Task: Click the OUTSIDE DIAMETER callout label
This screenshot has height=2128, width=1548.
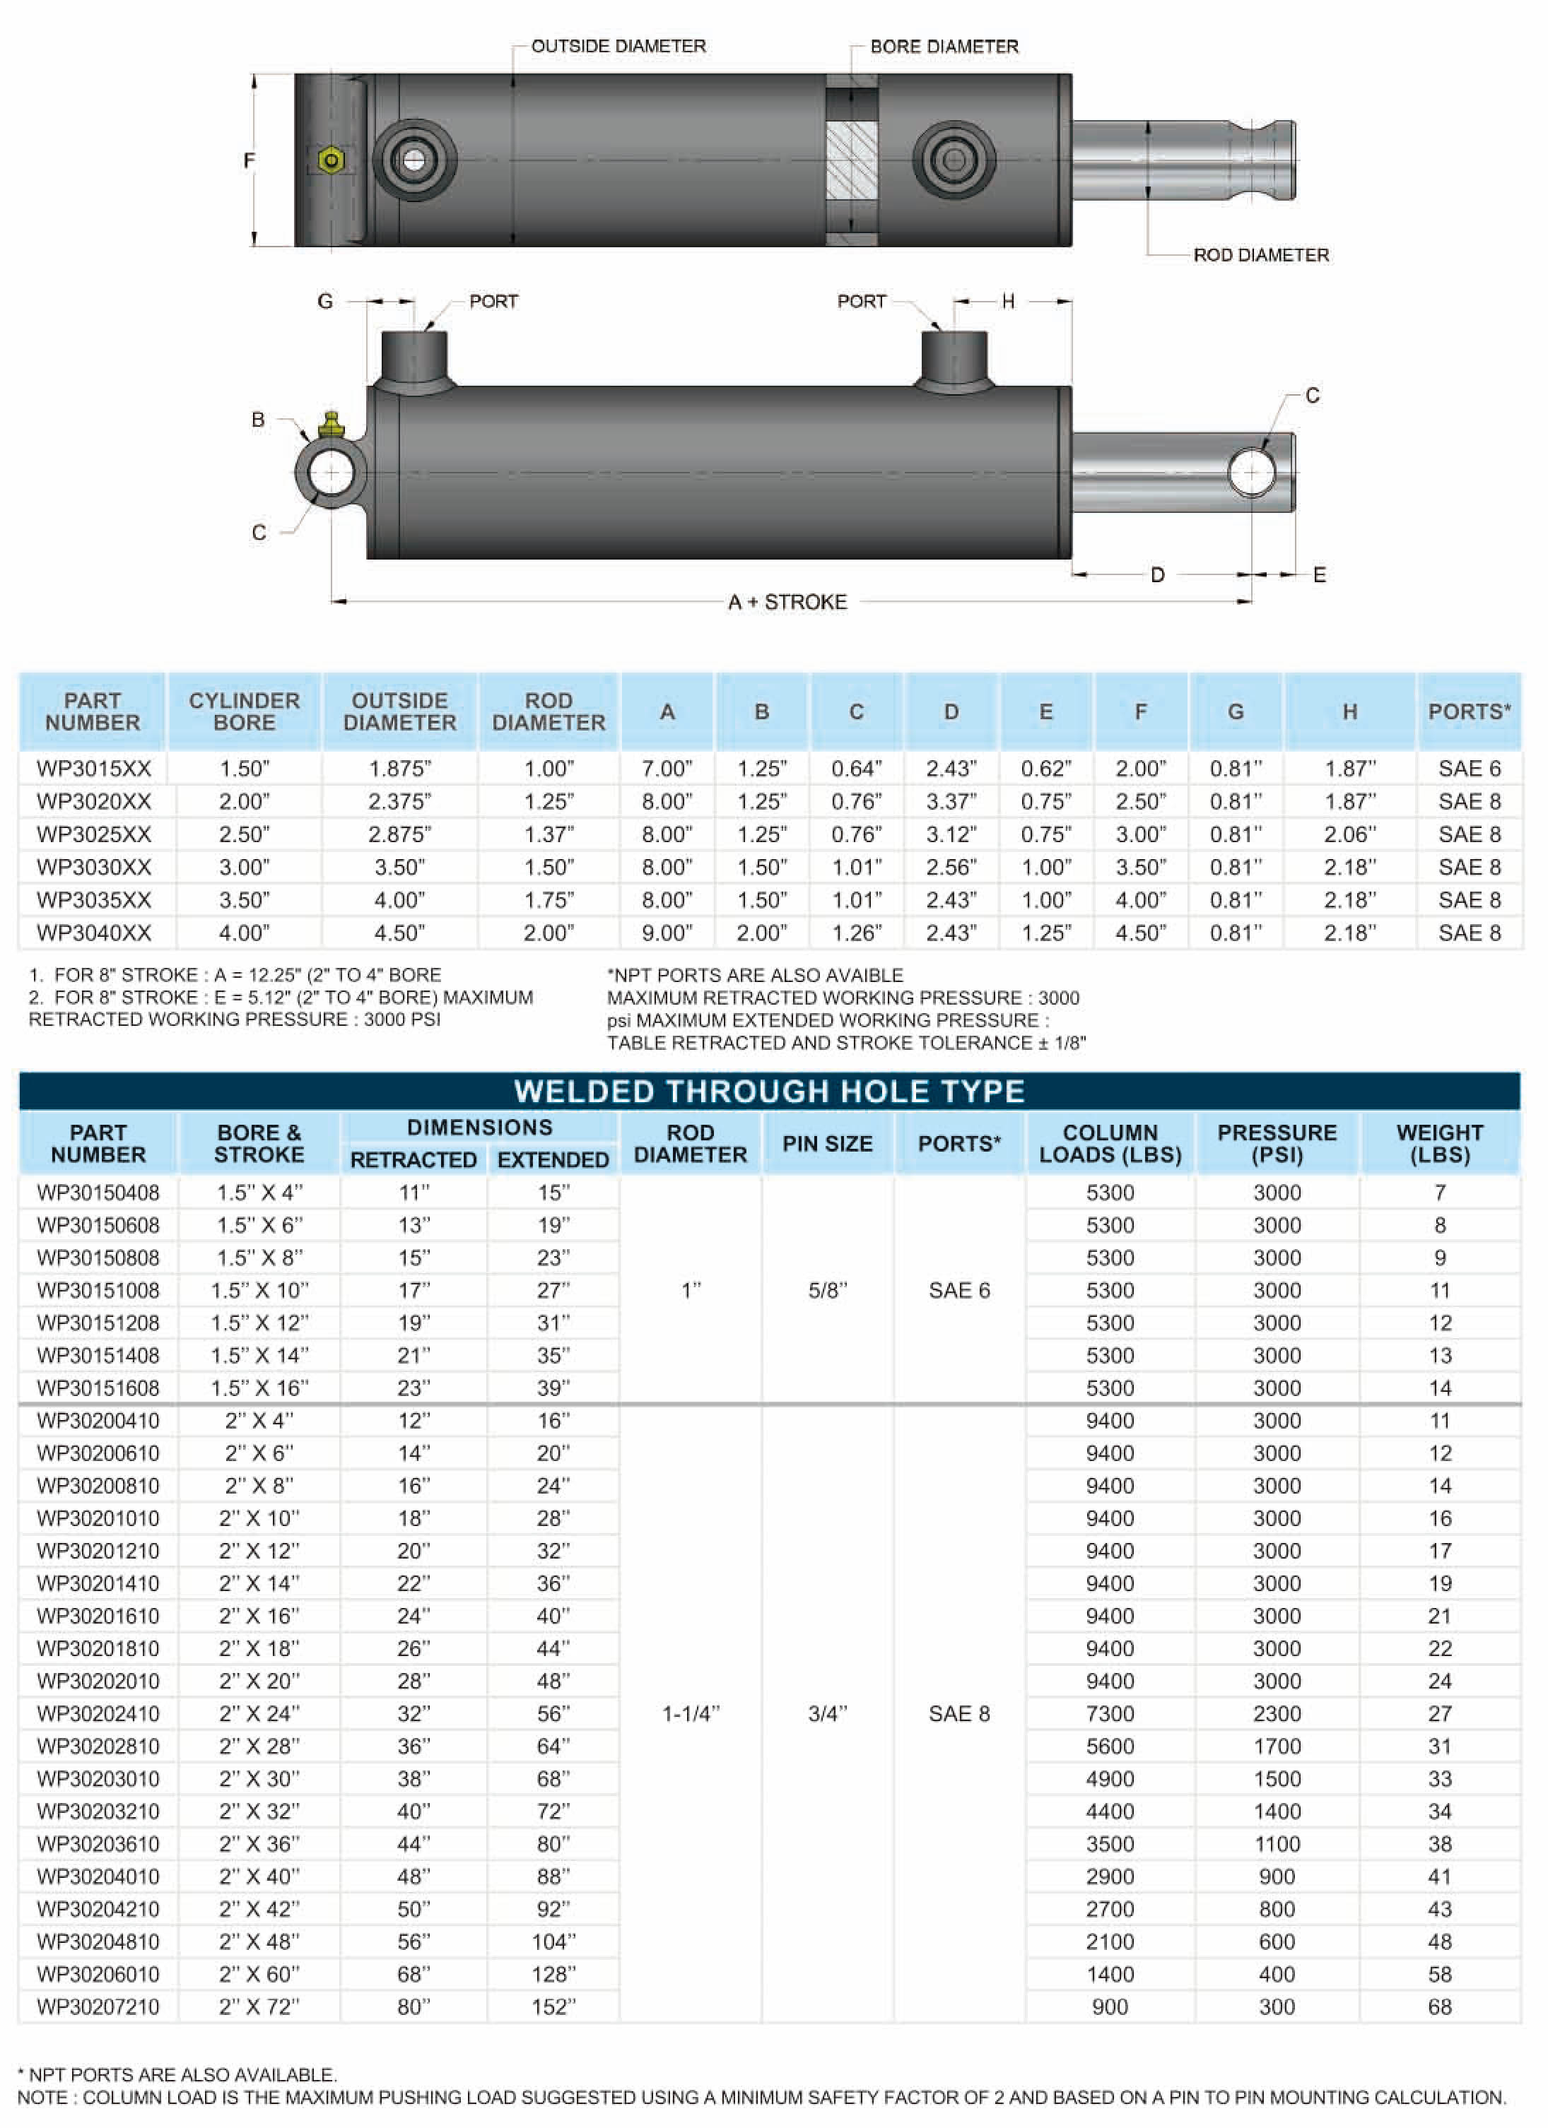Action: [x=618, y=46]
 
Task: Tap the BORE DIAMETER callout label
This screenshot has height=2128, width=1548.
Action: [x=944, y=46]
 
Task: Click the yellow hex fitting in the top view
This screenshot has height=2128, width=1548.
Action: [x=330, y=160]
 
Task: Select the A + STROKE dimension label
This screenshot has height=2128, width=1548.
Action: [x=787, y=601]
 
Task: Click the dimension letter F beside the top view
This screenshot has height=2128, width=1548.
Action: [x=249, y=160]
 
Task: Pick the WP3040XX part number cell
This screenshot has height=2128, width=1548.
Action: [x=94, y=933]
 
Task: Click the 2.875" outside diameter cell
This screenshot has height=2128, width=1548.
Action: [x=400, y=834]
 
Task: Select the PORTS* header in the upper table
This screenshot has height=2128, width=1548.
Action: [x=1469, y=711]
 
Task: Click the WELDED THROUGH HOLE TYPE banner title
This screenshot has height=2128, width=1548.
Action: [x=769, y=1092]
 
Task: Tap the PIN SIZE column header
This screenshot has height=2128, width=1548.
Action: [x=827, y=1144]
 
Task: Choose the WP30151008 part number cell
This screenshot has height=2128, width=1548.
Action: [x=98, y=1290]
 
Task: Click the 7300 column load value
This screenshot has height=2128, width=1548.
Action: [x=1110, y=1713]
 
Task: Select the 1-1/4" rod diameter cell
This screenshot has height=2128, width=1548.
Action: [x=690, y=1713]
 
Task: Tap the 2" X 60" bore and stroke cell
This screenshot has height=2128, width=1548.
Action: [x=259, y=1974]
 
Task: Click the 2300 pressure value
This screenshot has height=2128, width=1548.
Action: [x=1277, y=1713]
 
